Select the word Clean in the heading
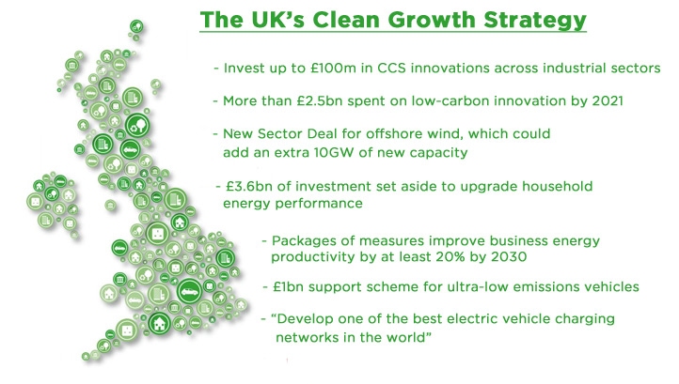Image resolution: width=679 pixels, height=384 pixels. (345, 20)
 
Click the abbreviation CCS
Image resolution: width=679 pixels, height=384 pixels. (391, 69)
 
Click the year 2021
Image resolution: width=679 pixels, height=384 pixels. (608, 101)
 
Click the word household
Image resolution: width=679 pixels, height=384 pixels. (557, 187)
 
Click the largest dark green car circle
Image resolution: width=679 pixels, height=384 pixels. (190, 291)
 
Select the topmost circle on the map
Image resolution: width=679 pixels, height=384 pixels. (136, 26)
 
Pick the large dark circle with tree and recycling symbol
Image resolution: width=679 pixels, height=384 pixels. (137, 126)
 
